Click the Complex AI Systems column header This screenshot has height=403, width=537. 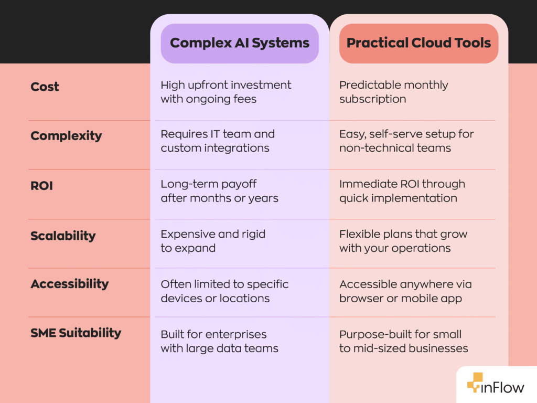[x=240, y=43]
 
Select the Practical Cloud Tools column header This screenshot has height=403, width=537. [x=418, y=43]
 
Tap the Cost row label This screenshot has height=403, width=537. [x=45, y=87]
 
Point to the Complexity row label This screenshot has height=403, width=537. [x=66, y=136]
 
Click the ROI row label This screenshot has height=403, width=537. [x=41, y=186]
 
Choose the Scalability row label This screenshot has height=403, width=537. [x=63, y=236]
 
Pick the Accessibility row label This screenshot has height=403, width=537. [x=69, y=284]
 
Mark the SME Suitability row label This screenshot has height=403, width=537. [x=76, y=333]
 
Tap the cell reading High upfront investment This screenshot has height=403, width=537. [x=225, y=92]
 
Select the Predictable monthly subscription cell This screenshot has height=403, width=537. [x=393, y=92]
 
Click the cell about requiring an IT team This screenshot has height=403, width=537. [x=218, y=141]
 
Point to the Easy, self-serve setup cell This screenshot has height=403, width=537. [x=406, y=141]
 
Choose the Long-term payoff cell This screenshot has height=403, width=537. [x=219, y=191]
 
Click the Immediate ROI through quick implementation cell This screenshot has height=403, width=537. [x=402, y=191]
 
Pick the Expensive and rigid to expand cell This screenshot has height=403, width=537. [x=213, y=241]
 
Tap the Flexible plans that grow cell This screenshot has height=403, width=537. [x=403, y=241]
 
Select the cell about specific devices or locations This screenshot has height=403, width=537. [x=224, y=291]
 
